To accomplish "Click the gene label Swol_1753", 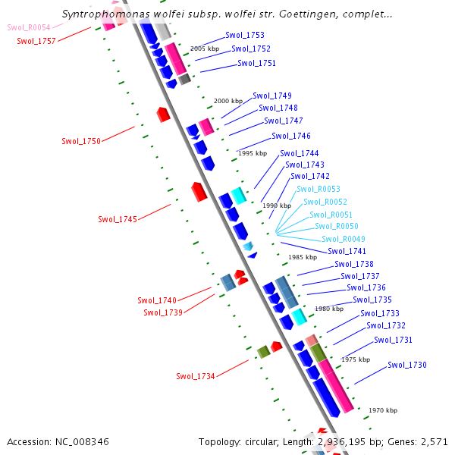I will click(x=245, y=36).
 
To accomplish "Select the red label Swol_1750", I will click(x=81, y=142).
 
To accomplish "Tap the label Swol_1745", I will click(x=118, y=220).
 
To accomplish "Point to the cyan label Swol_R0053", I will click(x=318, y=190).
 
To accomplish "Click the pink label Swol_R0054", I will click(x=29, y=27).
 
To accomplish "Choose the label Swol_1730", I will click(x=407, y=366).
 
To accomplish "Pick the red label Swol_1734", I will click(x=196, y=377).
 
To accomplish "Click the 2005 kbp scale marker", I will click(x=204, y=49).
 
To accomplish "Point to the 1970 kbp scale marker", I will click(x=383, y=410).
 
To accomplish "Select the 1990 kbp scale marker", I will click(x=277, y=206).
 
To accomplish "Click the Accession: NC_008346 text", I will click(x=58, y=441).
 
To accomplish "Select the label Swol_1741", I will click(x=347, y=252).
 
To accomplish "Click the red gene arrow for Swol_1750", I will click(x=163, y=115).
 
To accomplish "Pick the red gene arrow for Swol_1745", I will click(x=199, y=191).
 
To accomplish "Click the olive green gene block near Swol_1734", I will click(x=264, y=351).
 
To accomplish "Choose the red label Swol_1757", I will click(x=36, y=41).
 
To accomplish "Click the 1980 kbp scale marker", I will click(x=329, y=309).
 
